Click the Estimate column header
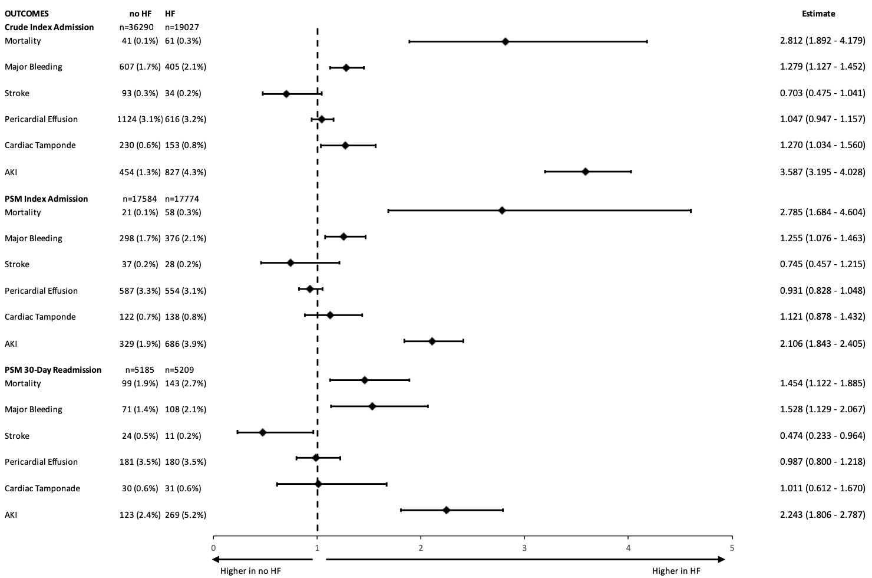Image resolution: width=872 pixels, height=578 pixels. point(818,14)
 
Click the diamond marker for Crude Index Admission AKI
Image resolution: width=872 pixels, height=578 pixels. point(585,172)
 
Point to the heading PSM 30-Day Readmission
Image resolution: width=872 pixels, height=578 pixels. point(53,370)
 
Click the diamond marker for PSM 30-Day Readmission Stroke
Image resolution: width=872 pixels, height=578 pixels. point(263,432)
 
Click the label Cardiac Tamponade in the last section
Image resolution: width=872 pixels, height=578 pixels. point(42,488)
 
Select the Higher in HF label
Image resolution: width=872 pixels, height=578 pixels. point(676,571)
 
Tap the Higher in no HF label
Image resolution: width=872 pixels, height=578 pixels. point(249,571)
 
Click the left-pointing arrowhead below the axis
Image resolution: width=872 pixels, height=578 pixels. point(216,559)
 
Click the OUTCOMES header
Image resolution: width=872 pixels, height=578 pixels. point(27,14)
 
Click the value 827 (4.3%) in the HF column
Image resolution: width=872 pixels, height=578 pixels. point(186,172)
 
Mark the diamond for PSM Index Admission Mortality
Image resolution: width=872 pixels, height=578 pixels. point(502,211)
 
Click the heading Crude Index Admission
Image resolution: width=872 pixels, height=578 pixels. point(49,27)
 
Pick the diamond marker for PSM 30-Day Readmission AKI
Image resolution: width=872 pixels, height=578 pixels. point(446,510)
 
